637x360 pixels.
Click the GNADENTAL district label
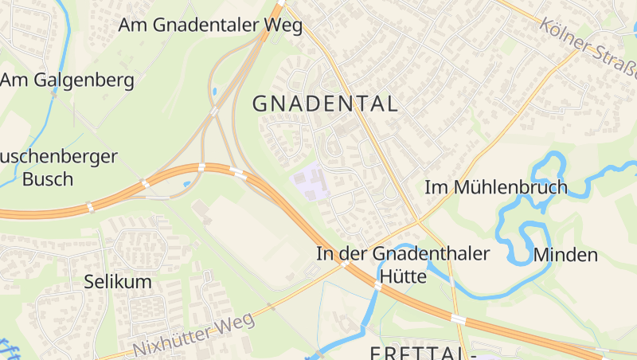coord(325,104)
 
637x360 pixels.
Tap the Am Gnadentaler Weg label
coord(210,25)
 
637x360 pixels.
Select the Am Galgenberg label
coord(67,80)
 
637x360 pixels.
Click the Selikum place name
coord(118,282)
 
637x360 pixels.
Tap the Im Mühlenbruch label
coord(496,188)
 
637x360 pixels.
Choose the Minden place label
coord(565,256)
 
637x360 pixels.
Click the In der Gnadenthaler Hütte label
coord(403,265)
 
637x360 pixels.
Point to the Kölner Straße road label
coord(589,45)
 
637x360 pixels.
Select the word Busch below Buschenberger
coord(47,179)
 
